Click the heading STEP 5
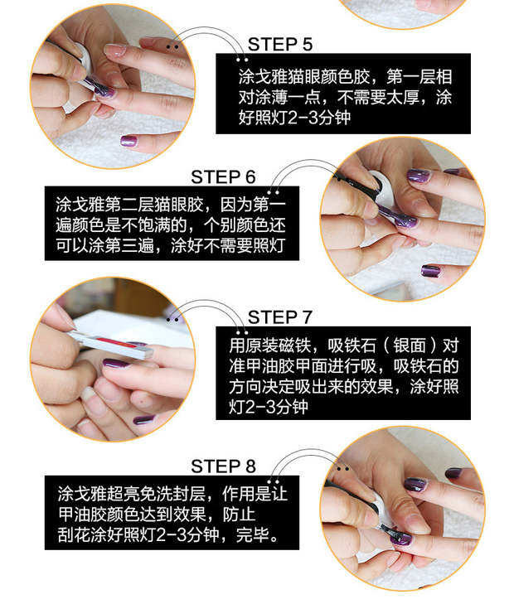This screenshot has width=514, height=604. pos(279,44)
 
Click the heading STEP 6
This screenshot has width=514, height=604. pos(223,177)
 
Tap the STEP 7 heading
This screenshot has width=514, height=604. pos(279,317)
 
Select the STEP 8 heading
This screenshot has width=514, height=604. pos(223,466)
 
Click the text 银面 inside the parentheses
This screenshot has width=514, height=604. pos(410,345)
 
